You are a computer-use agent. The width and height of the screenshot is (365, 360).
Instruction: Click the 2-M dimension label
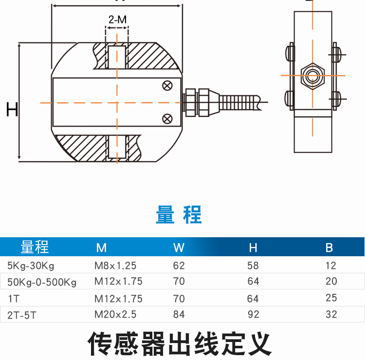(x=117, y=20)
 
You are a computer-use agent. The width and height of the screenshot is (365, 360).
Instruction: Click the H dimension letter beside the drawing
(x=12, y=110)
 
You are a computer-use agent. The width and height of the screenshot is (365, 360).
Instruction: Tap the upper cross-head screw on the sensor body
(x=167, y=86)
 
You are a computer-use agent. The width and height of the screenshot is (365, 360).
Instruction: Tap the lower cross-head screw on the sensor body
(x=167, y=118)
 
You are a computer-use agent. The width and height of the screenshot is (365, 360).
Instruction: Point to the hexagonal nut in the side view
(x=312, y=76)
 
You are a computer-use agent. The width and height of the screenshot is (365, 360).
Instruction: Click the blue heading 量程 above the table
(x=179, y=215)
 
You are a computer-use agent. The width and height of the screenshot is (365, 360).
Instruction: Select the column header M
(x=101, y=247)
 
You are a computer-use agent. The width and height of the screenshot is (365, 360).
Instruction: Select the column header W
(x=179, y=247)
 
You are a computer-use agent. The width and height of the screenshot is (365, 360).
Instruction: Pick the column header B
(x=329, y=247)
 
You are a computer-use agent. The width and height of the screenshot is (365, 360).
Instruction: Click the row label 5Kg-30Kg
(x=31, y=266)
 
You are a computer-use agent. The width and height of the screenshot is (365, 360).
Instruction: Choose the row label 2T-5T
(x=21, y=315)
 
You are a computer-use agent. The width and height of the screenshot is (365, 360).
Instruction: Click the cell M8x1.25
(x=115, y=266)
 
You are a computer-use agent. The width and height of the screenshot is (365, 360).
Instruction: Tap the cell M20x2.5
(x=115, y=315)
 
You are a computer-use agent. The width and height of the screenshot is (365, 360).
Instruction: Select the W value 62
(x=179, y=266)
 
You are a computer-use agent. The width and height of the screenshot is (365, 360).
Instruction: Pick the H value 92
(x=254, y=315)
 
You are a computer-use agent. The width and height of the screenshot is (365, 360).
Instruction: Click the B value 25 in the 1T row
(x=331, y=298)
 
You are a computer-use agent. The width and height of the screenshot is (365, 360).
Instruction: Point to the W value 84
(x=179, y=315)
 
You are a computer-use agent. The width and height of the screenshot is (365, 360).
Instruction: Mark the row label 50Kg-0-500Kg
(x=42, y=282)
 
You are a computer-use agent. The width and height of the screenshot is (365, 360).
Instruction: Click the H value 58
(x=253, y=266)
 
